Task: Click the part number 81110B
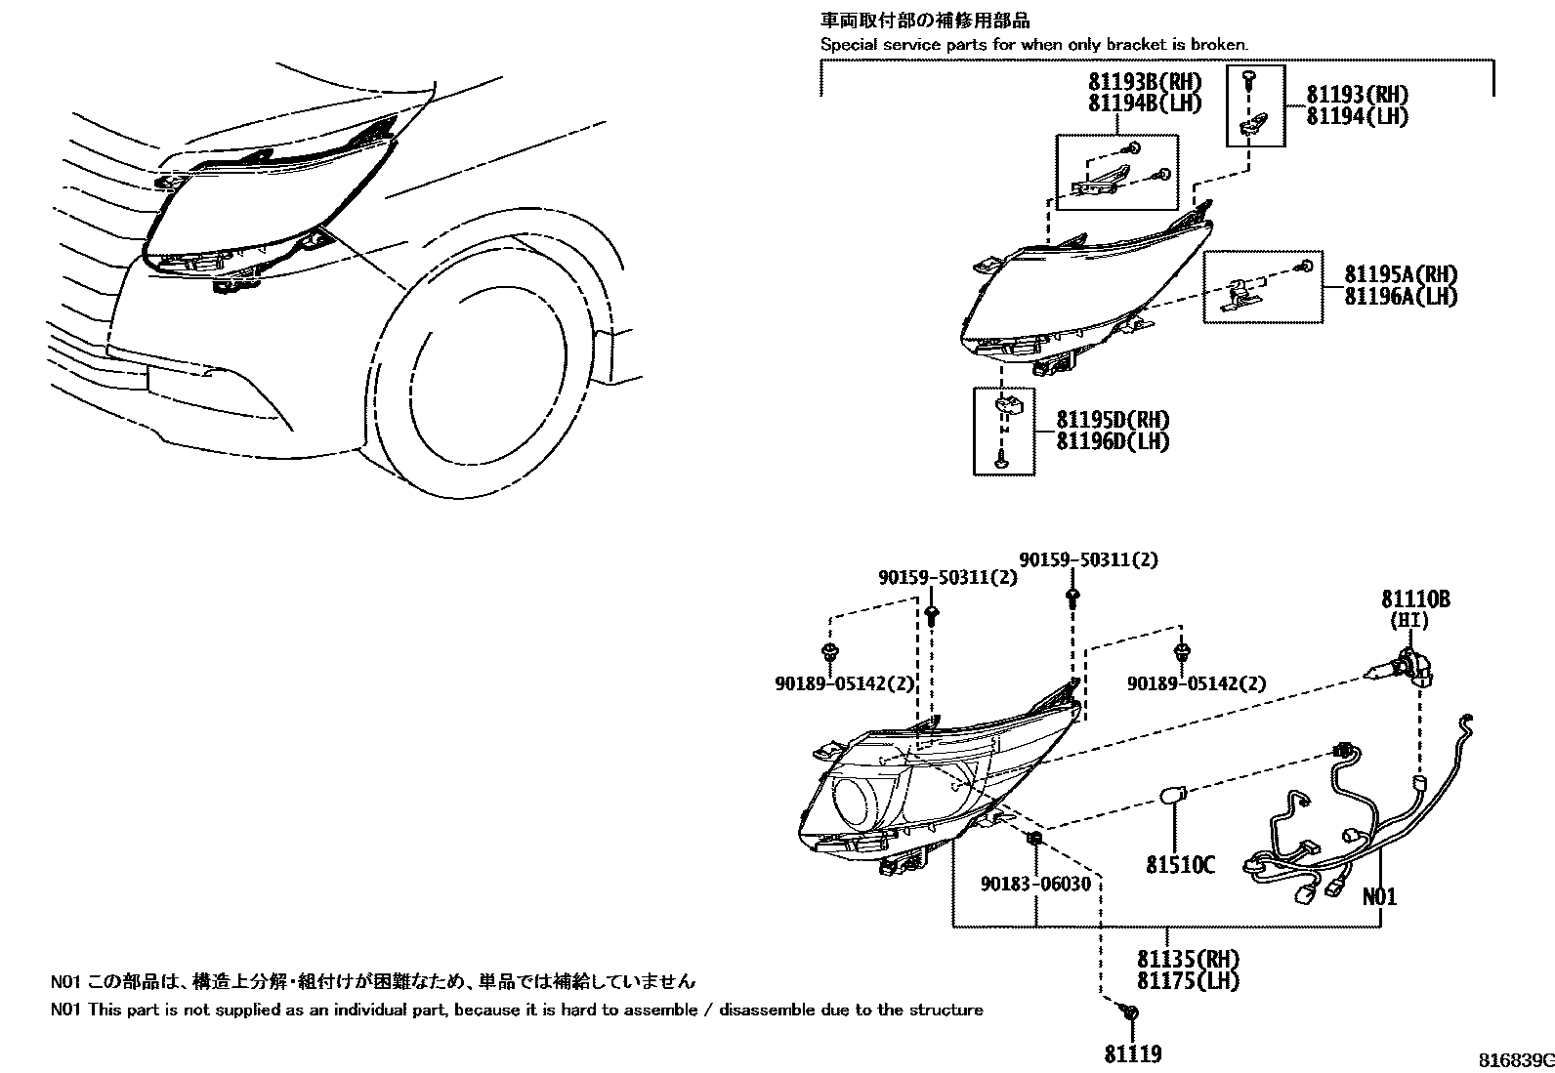tap(1414, 599)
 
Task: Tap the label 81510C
tap(1180, 864)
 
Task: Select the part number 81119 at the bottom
tap(1133, 1053)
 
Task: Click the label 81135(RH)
tap(1188, 960)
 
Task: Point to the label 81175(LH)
tap(1188, 980)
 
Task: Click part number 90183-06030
tap(1035, 884)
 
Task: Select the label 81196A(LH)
tap(1400, 297)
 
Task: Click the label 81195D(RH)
tap(1113, 420)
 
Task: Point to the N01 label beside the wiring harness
tap(1379, 896)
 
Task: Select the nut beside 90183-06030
tap(1035, 839)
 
